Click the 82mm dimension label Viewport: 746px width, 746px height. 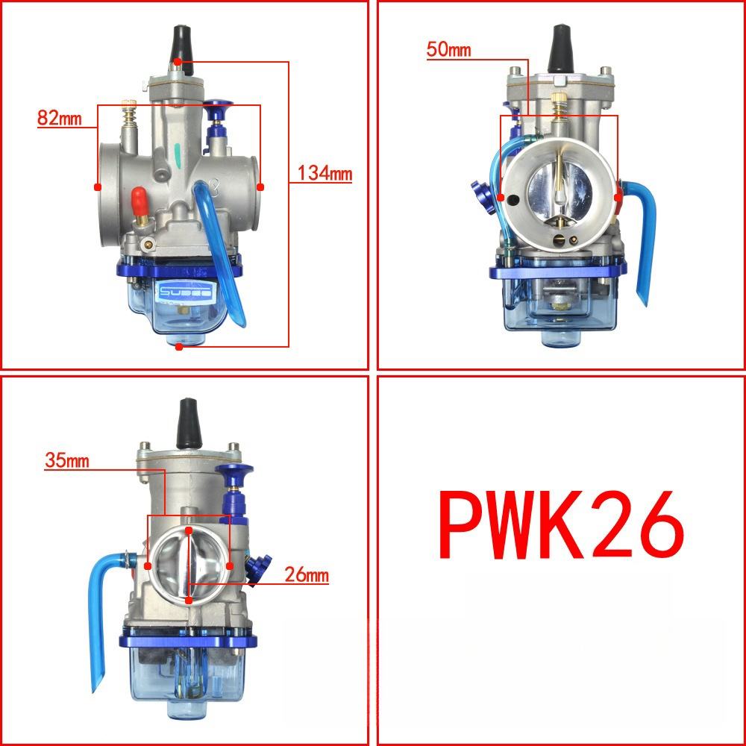pyautogui.click(x=57, y=118)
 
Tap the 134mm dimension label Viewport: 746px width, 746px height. pyautogui.click(x=325, y=173)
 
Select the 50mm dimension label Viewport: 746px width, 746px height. pyautogui.click(x=448, y=50)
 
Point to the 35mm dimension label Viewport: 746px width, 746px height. pyautogui.click(x=66, y=460)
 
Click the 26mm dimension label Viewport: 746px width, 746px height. pyautogui.click(x=306, y=575)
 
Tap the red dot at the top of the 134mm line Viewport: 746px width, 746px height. pyautogui.click(x=178, y=61)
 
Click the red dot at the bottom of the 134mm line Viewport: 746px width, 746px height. pyautogui.click(x=178, y=346)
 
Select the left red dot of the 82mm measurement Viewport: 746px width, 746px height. pyautogui.click(x=97, y=186)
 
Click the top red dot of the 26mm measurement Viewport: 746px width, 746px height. pyautogui.click(x=189, y=530)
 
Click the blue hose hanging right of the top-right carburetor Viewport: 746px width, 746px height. pyautogui.click(x=644, y=239)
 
